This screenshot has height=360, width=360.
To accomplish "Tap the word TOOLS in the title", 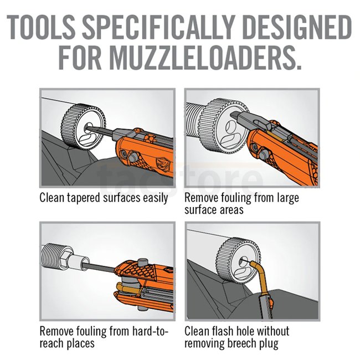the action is [x=41, y=27].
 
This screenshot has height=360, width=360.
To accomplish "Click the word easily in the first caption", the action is [x=156, y=198].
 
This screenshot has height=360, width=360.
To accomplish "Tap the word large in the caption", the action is [x=288, y=198].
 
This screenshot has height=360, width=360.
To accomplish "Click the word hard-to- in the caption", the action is [x=151, y=331].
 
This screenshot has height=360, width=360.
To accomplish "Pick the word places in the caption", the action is [x=81, y=344].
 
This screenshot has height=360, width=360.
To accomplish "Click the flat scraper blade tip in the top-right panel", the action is [x=235, y=115].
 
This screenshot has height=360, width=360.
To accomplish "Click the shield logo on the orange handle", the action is [x=162, y=164].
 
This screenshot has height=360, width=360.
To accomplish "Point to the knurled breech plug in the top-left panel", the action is [x=83, y=126].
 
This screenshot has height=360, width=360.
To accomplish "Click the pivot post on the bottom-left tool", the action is [x=142, y=263].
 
